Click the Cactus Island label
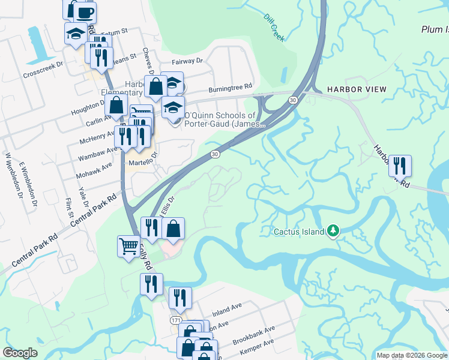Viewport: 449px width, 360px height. pyautogui.click(x=299, y=231)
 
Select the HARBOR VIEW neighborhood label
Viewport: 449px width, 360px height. pyautogui.click(x=357, y=89)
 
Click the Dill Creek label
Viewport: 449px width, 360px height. pyautogui.click(x=274, y=28)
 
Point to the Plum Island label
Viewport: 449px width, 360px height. pyautogui.click(x=435, y=29)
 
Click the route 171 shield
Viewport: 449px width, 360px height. pyautogui.click(x=175, y=321)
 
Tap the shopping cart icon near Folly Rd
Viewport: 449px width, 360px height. pyautogui.click(x=128, y=246)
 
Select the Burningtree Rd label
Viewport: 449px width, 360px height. pyautogui.click(x=230, y=88)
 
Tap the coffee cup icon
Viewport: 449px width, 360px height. pyautogui.click(x=84, y=12)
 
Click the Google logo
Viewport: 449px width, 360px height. pyautogui.click(x=20, y=353)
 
